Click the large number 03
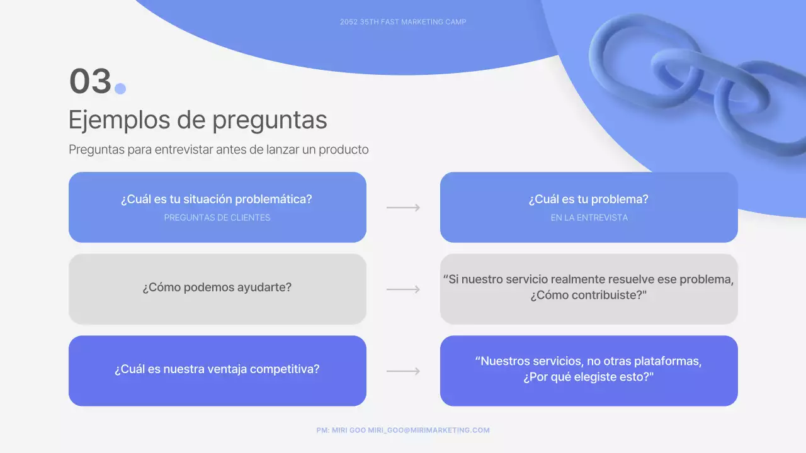90,82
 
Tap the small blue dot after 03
120,89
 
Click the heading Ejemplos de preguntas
198,120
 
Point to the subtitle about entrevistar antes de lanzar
219,150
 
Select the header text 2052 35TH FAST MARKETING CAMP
403,22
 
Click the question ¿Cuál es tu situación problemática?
217,199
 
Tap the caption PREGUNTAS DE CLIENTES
217,218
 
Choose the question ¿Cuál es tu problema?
589,199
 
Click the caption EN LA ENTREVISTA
589,218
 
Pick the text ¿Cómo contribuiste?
589,294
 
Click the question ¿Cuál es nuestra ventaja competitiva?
217,369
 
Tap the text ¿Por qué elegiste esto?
589,377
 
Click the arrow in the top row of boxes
403,208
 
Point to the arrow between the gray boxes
403,289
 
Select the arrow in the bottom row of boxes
403,371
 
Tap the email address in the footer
429,430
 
